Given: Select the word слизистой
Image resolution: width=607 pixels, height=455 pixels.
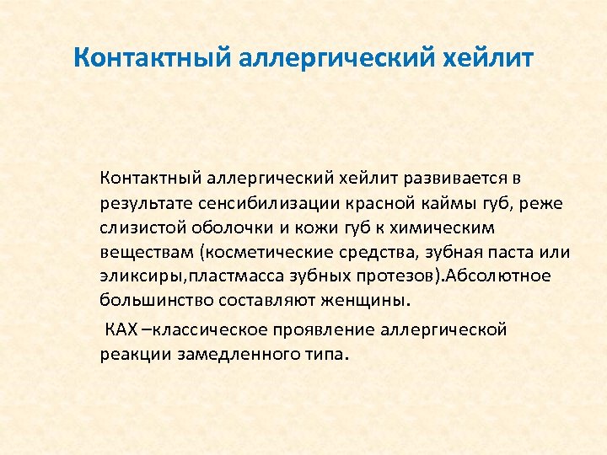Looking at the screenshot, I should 136,227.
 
